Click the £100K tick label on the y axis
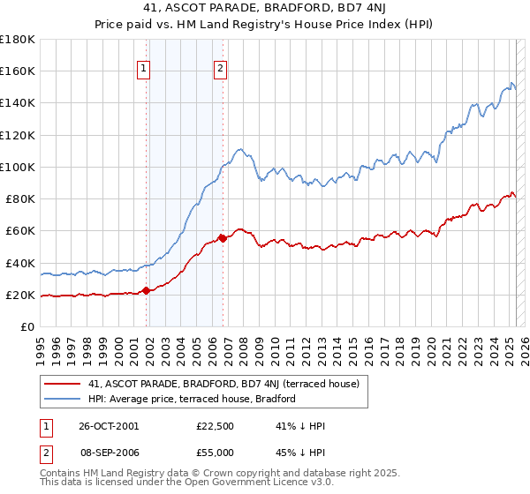pyautogui.click(x=18, y=167)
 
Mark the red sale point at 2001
pyautogui.click(x=148, y=291)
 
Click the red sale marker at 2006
pyautogui.click(x=223, y=238)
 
